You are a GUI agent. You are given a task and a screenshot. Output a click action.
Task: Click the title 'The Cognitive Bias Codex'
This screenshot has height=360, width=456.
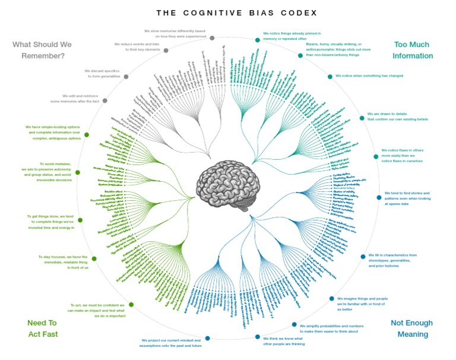(x=228, y=12)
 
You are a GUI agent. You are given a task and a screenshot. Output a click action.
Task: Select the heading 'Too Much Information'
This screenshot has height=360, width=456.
(x=413, y=50)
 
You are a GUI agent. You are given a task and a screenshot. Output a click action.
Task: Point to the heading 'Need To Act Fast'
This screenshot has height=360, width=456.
(x=42, y=328)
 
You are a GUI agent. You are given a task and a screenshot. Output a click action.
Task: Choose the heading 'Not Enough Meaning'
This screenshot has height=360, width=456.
(x=411, y=329)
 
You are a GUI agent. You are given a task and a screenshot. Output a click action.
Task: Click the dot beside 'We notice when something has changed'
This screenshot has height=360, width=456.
(x=330, y=76)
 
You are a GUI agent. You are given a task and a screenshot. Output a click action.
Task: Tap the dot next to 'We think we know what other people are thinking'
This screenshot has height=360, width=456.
(x=258, y=337)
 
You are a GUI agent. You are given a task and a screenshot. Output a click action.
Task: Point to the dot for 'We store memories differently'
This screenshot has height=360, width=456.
(x=212, y=37)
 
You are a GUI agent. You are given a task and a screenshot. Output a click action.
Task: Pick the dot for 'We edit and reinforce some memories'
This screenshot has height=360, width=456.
(x=105, y=100)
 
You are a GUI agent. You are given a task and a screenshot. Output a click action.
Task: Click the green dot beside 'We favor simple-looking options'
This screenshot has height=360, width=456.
(x=87, y=135)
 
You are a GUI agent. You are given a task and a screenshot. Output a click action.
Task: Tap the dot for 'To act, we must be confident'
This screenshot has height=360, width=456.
(x=131, y=305)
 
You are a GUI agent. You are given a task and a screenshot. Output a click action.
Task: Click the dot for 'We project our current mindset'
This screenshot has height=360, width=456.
(x=207, y=339)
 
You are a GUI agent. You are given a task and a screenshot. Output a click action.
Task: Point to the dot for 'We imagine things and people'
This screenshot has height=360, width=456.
(x=331, y=299)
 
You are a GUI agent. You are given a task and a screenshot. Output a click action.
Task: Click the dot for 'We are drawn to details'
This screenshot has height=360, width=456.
(x=362, y=118)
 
